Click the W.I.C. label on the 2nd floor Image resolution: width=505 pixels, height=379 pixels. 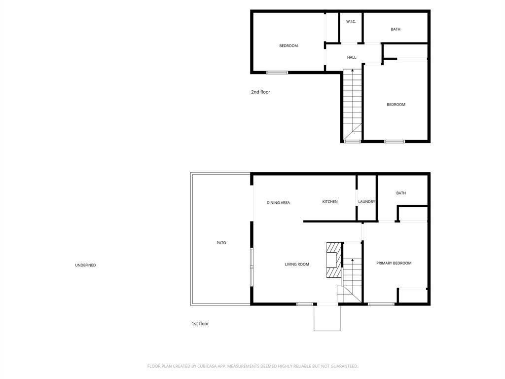tap(351, 22)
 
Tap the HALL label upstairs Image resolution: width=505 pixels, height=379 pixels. tap(352, 58)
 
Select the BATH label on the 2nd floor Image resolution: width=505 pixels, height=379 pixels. tap(396, 30)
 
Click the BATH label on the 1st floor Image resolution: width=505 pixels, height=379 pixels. tap(401, 193)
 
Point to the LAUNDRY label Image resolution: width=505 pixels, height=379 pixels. tap(366, 202)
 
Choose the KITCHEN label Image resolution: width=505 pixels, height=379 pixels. tap(330, 202)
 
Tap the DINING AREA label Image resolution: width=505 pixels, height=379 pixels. tap(278, 203)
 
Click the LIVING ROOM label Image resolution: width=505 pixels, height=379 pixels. tap(297, 265)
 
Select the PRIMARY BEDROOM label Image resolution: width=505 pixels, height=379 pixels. tap(394, 264)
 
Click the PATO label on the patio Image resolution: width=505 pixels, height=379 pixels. tap(221, 243)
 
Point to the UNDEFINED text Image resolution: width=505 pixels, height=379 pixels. tap(85, 265)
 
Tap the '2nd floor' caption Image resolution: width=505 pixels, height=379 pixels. tap(260, 92)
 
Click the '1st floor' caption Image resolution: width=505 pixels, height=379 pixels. tap(200, 324)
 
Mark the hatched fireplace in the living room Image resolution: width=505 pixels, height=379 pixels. tap(334, 261)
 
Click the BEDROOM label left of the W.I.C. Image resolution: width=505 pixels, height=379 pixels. tap(289, 46)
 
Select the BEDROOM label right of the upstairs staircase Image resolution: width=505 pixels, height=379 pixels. tap(396, 105)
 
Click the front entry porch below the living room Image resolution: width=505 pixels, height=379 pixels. tap(327, 318)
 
